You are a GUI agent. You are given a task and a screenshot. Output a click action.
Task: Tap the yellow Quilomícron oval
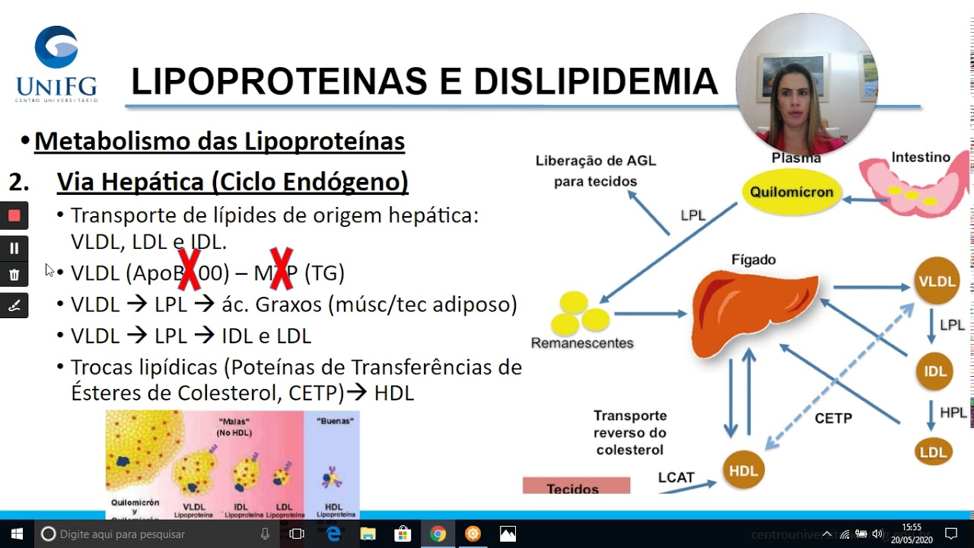tap(791, 193)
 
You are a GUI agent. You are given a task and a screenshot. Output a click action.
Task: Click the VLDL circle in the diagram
tap(937, 281)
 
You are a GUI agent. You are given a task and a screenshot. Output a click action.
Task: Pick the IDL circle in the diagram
tap(934, 371)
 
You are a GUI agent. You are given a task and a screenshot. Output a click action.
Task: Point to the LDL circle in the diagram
tap(933, 452)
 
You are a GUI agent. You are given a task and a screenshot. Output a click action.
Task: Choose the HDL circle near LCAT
tap(743, 471)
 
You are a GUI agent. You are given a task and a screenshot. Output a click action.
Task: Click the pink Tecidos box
tap(576, 486)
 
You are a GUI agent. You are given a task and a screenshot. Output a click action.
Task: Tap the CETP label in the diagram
tap(833, 418)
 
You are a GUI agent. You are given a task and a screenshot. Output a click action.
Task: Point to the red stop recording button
tap(14, 215)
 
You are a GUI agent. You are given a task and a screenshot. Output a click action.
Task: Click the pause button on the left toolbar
tap(14, 248)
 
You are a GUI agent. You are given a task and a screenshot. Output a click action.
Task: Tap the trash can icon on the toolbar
tap(14, 275)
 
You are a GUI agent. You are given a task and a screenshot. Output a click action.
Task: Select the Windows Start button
tap(17, 534)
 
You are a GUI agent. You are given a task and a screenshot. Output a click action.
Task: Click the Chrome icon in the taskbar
tap(438, 534)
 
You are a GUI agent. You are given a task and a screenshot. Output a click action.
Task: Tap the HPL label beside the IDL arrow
tap(953, 413)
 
